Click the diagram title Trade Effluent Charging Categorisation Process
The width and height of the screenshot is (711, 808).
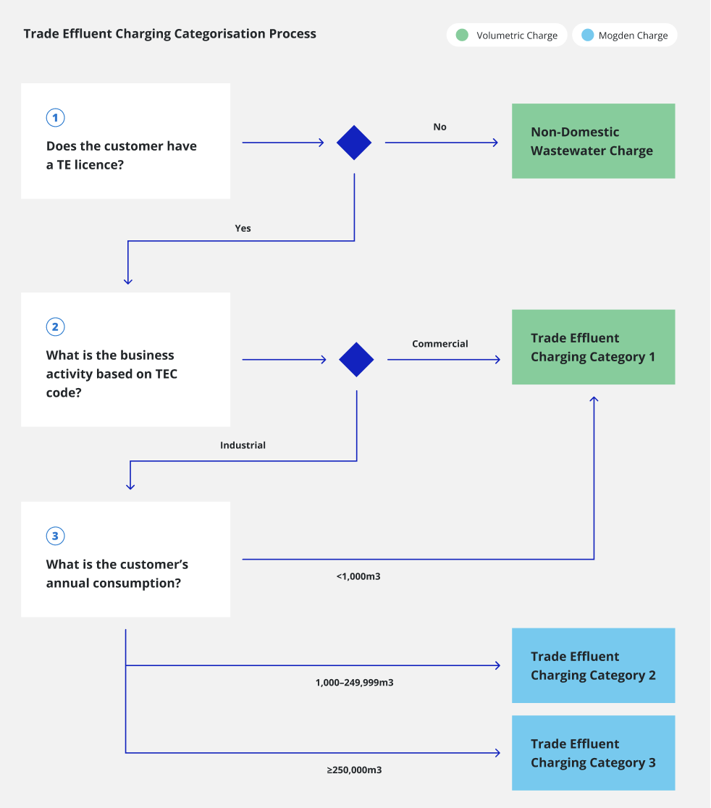click(x=169, y=34)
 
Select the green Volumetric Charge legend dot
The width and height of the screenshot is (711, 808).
click(x=462, y=35)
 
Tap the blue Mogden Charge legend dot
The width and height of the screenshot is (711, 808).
click(x=587, y=35)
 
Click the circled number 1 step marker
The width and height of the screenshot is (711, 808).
click(x=55, y=117)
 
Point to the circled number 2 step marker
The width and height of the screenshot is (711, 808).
click(x=55, y=327)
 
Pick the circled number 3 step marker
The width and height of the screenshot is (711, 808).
click(x=55, y=536)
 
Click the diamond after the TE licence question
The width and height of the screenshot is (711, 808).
click(x=354, y=143)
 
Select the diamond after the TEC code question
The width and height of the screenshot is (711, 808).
click(x=356, y=359)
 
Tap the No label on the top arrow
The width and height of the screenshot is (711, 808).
click(x=439, y=127)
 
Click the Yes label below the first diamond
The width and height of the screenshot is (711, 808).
click(x=243, y=228)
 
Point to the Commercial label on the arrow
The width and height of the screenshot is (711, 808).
click(x=439, y=344)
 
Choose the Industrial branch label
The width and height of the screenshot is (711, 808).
click(x=243, y=445)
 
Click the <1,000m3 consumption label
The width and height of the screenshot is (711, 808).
click(x=358, y=577)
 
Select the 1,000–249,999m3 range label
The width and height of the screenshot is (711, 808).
click(x=354, y=682)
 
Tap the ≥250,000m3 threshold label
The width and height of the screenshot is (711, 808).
click(x=354, y=770)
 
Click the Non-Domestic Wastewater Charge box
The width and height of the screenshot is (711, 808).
click(x=593, y=141)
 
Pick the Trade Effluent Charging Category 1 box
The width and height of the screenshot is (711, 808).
click(x=593, y=348)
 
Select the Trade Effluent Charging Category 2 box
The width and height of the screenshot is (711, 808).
click(x=593, y=665)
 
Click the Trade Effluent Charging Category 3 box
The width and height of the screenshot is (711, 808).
click(x=593, y=753)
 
